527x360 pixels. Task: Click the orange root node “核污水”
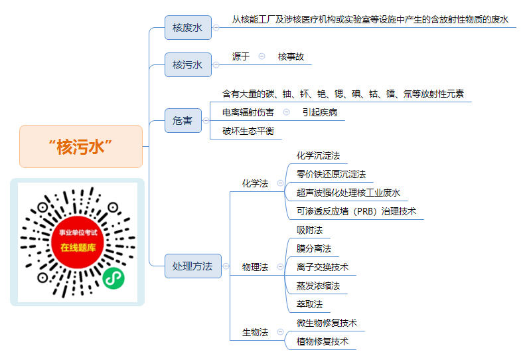(81, 146)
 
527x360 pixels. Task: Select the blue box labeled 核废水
(188, 28)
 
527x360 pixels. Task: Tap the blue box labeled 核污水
(188, 64)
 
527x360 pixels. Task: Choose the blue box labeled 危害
(183, 120)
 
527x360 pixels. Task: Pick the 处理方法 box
(193, 266)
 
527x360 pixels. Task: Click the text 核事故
(291, 56)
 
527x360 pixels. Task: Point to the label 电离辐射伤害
(248, 112)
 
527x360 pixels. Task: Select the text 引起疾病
(320, 112)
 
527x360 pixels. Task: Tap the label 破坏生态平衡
(248, 131)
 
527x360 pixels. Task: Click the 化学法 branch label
(255, 183)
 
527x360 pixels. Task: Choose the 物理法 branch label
(255, 267)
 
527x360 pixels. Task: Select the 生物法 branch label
(255, 332)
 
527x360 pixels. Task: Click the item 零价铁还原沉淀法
(331, 174)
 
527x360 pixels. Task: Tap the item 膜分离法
(314, 248)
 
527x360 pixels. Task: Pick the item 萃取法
(309, 304)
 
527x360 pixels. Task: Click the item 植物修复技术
(323, 341)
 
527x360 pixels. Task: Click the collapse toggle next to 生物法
(280, 332)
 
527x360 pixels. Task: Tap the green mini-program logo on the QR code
(113, 278)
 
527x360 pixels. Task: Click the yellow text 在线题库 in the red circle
(78, 247)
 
